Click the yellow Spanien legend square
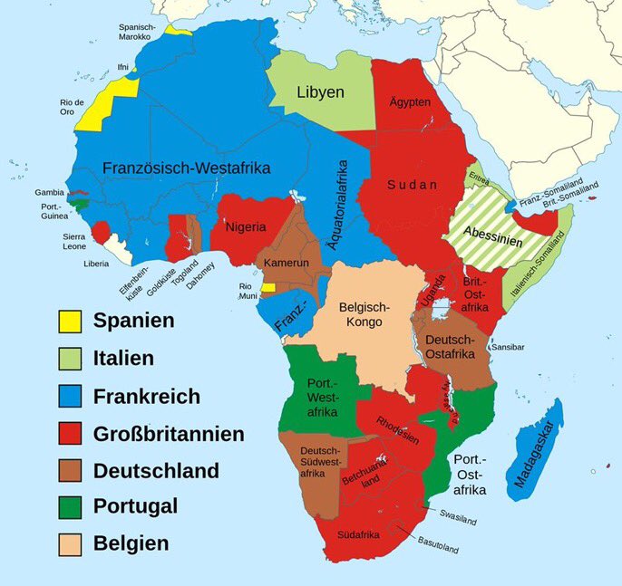point(70,321)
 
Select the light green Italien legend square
point(70,359)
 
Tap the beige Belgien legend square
point(70,544)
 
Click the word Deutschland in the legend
point(156,471)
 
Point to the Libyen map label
point(321,92)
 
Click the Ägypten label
point(410,102)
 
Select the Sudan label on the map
point(413,185)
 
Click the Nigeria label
point(246,226)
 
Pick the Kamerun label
point(287,263)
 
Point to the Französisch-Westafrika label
point(187,168)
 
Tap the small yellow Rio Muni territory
point(267,286)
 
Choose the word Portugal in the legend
point(135,507)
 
